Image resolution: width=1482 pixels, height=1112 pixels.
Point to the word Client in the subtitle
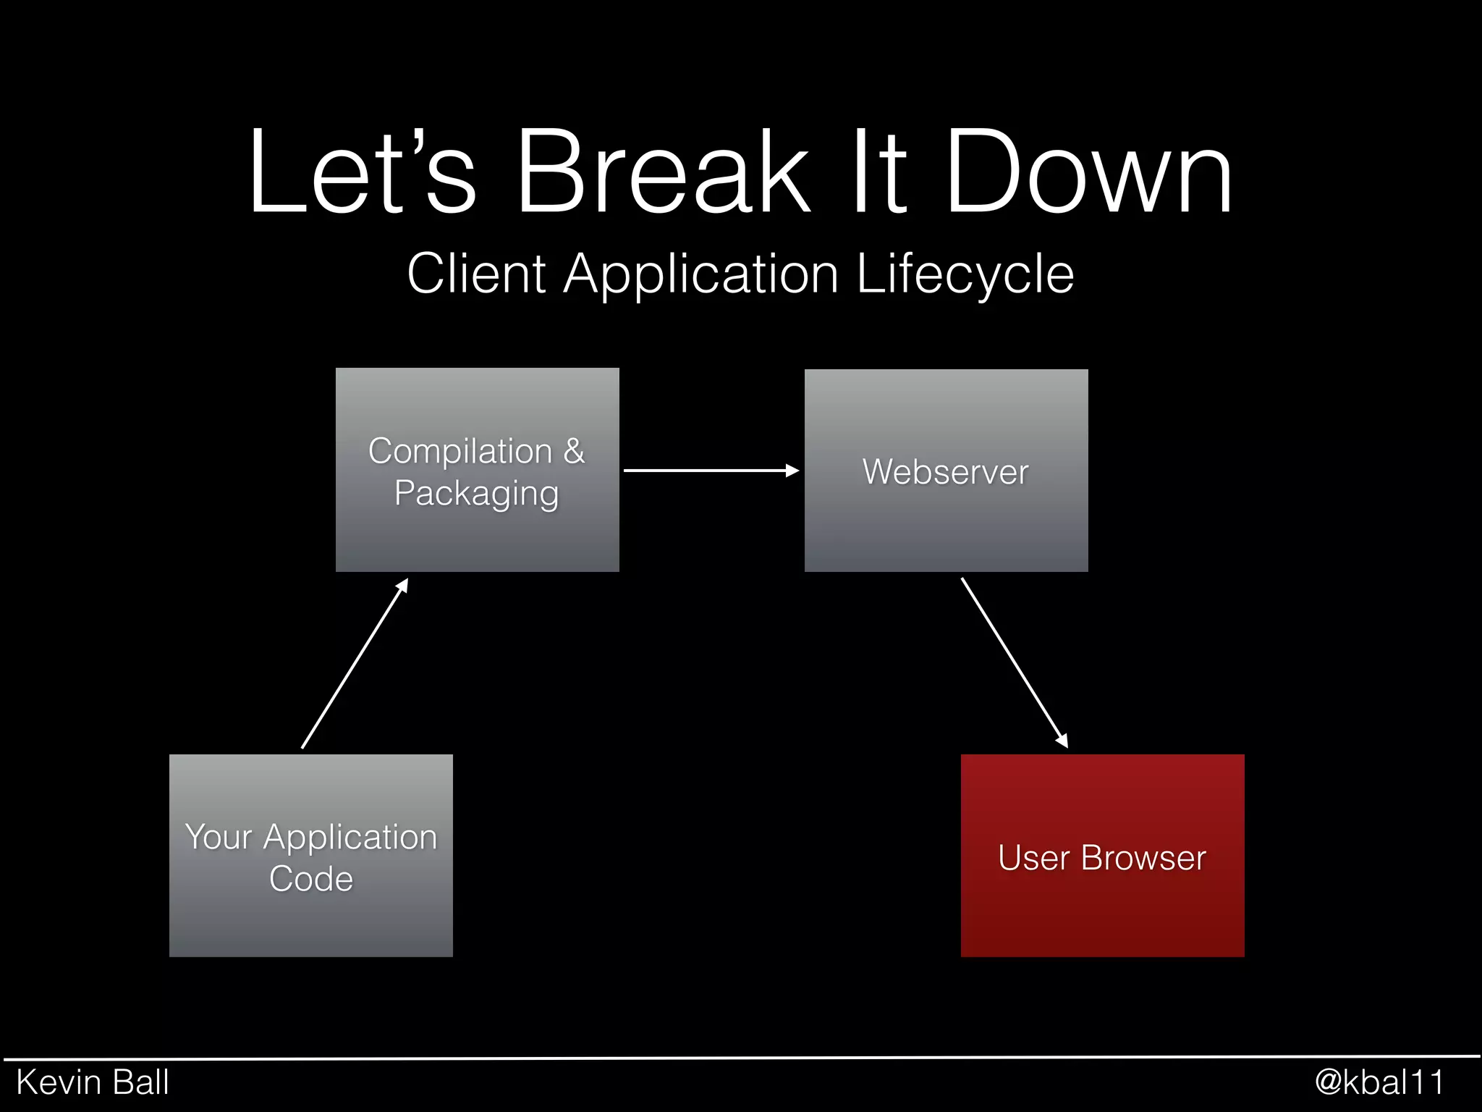point(475,274)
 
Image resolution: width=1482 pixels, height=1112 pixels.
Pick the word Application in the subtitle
point(700,274)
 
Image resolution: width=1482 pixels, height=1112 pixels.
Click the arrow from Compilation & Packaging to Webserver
point(711,471)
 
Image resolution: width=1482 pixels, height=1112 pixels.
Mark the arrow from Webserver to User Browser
point(1014,662)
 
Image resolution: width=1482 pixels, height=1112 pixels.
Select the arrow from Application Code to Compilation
point(355,663)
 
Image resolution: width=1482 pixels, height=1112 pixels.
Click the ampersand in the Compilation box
point(573,451)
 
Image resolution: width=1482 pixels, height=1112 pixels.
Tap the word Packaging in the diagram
point(476,494)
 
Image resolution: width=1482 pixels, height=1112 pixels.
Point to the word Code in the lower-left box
point(310,879)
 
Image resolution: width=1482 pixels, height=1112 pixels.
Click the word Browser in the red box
point(1143,858)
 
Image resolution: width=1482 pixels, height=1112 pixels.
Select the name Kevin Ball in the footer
point(93,1082)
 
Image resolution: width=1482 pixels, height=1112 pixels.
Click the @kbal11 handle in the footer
point(1379,1082)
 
